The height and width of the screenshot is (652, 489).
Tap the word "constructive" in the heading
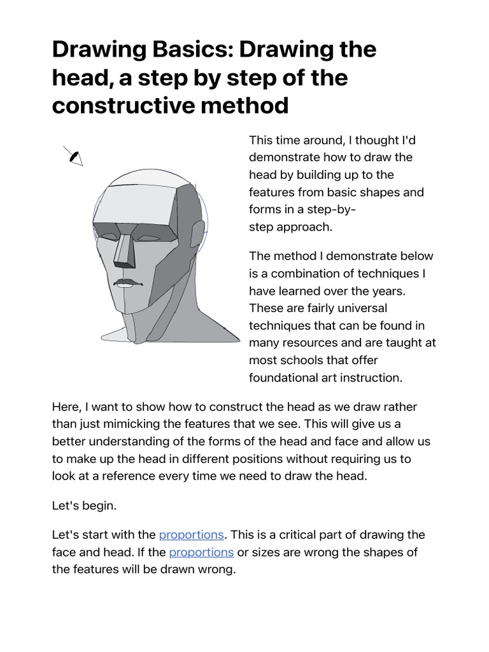[x=120, y=105]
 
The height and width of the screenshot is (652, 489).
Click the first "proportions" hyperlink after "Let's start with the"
[x=191, y=534]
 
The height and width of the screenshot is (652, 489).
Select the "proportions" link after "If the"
[x=201, y=552]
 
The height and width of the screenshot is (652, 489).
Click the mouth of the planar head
[x=127, y=282]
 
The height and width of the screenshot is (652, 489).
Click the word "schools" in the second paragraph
[x=308, y=360]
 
